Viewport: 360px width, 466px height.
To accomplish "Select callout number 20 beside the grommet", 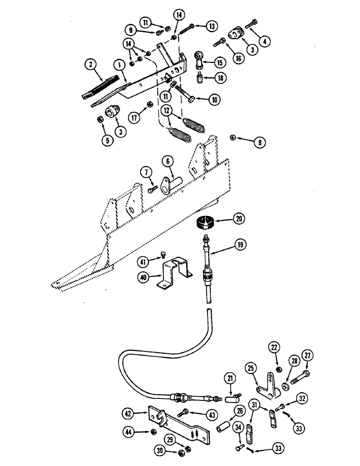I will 240,219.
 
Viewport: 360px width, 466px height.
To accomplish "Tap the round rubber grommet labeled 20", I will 206,223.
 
